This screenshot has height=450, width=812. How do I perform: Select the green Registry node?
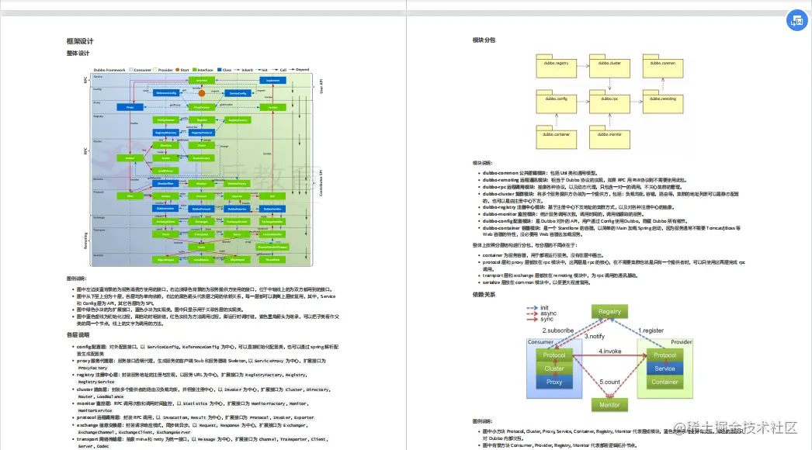coord(609,312)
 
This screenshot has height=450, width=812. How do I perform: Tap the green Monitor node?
coord(609,405)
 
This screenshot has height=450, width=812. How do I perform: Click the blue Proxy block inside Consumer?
coord(554,382)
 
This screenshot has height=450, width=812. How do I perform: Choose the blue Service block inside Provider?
coord(665,369)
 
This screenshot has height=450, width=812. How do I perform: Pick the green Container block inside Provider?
coord(665,382)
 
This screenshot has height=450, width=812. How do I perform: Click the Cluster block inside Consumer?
coord(554,369)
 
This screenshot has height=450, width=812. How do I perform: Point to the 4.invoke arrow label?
coord(610,351)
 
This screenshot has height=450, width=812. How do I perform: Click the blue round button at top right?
coord(796,21)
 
